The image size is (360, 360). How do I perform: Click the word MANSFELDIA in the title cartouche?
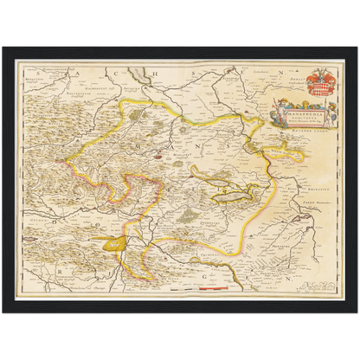click(x=302, y=106)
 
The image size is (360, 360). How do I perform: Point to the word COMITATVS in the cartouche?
click(x=302, y=112)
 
